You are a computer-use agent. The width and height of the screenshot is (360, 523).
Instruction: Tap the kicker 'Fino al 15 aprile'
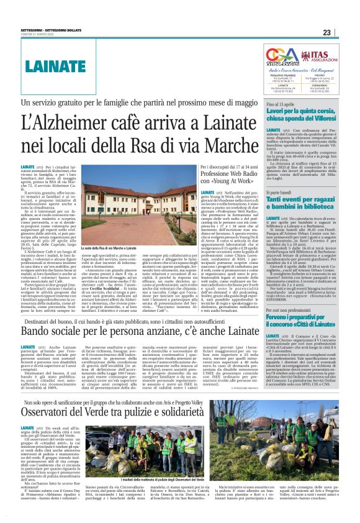[280, 107]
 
